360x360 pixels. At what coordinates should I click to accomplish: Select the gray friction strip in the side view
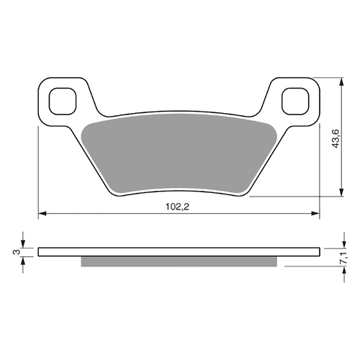pos(179,261)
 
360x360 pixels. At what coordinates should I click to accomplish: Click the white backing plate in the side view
pos(179,252)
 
